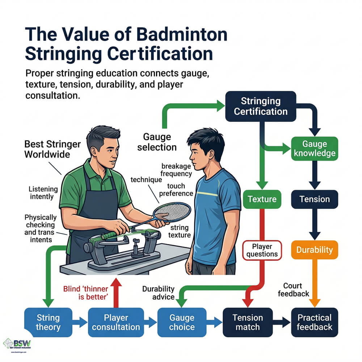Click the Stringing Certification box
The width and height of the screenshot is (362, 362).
click(x=261, y=106)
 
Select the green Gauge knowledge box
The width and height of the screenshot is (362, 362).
click(x=314, y=148)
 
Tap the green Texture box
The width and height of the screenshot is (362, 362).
click(x=262, y=199)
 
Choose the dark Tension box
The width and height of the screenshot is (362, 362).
click(x=314, y=199)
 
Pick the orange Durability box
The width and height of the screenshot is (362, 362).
click(x=314, y=250)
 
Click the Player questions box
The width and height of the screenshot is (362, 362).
click(x=262, y=250)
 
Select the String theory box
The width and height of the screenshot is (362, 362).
click(x=48, y=322)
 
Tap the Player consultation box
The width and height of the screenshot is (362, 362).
click(x=116, y=322)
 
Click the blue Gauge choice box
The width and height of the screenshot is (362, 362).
click(x=182, y=322)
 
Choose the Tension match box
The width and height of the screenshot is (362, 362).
click(x=248, y=322)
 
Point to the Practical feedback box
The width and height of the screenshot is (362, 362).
click(x=314, y=322)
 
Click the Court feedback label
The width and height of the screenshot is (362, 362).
click(x=292, y=289)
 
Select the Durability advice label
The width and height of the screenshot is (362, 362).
click(x=158, y=293)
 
